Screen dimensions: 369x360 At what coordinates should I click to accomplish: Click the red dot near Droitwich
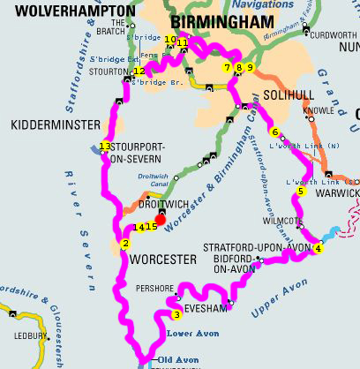[x=160, y=219]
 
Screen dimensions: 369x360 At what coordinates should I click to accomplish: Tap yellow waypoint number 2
[x=125, y=245]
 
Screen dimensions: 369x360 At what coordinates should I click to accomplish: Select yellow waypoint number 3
[x=176, y=314]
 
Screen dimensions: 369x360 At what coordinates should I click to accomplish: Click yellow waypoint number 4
[x=318, y=249]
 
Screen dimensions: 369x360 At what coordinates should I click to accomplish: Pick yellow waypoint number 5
[x=300, y=192]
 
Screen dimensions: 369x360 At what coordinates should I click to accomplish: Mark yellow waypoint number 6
[x=275, y=132]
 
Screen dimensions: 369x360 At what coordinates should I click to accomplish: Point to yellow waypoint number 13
[x=105, y=146]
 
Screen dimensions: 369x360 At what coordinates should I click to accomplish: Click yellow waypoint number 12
[x=139, y=72]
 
